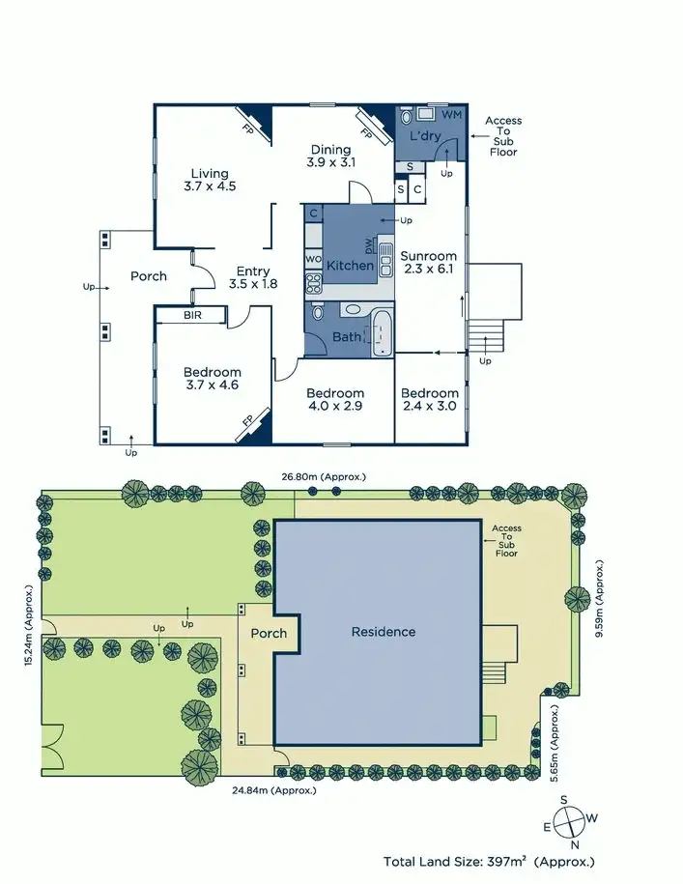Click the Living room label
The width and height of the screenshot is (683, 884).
(x=209, y=181)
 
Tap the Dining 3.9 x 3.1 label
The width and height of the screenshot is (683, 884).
(x=330, y=156)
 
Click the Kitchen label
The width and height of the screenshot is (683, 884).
(x=350, y=266)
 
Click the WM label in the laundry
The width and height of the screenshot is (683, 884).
(x=451, y=116)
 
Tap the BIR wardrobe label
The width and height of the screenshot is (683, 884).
(x=190, y=315)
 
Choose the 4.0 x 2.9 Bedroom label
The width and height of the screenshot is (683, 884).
(x=335, y=400)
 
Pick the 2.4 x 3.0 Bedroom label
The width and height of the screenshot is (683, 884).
(x=430, y=400)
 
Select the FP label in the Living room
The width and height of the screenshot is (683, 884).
(x=247, y=126)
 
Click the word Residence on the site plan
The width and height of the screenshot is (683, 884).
(x=384, y=632)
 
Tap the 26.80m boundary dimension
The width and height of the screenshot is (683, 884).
(x=323, y=477)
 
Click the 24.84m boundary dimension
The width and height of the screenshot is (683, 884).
(x=272, y=790)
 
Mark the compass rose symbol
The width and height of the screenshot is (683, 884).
(x=572, y=824)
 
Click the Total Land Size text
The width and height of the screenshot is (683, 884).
(x=489, y=861)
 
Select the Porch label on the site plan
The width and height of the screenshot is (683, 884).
(x=269, y=634)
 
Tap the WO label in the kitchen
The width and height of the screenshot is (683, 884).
(x=312, y=259)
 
